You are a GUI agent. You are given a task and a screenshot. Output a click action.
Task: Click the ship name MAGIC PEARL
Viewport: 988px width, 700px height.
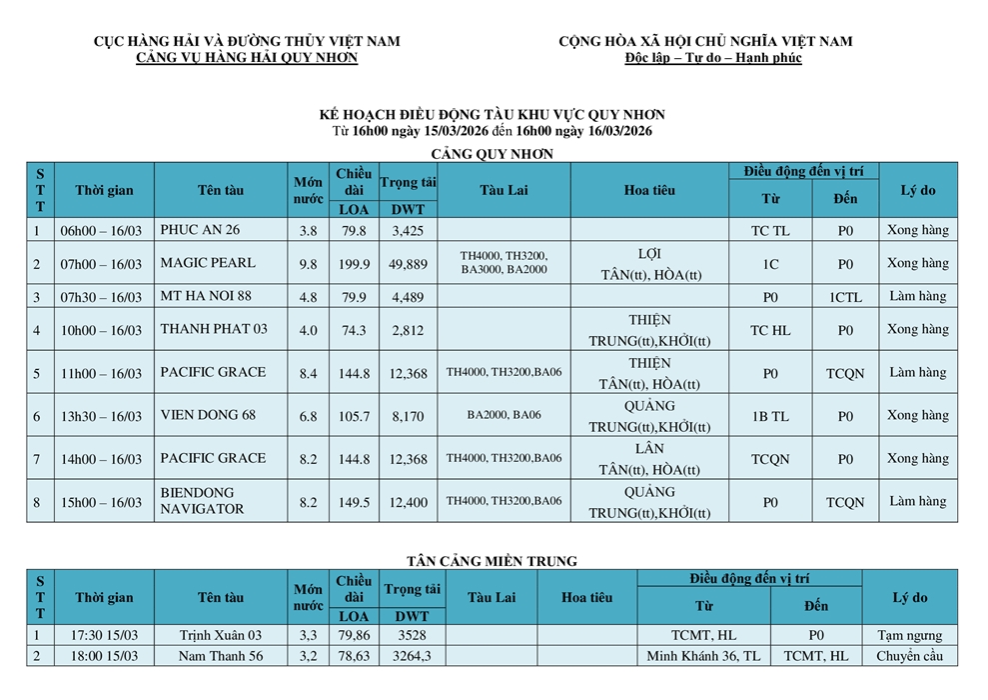[208, 263]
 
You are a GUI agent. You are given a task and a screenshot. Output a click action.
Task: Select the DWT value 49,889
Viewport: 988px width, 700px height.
[409, 264]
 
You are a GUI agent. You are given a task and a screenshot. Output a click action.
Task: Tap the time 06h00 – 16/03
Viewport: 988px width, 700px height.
[101, 231]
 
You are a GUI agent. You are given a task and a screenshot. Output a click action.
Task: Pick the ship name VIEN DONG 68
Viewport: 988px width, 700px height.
[208, 415]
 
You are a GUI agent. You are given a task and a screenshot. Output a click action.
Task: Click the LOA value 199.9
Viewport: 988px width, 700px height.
[354, 264]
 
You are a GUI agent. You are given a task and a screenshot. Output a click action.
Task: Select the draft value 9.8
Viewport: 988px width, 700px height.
[308, 264]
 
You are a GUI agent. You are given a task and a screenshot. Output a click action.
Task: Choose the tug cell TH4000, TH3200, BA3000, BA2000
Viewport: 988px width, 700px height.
[503, 263]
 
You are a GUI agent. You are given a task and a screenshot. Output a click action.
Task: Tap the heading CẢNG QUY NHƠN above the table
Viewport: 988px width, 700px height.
[492, 153]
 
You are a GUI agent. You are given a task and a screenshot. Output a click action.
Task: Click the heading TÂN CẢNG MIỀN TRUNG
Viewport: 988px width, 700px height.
[493, 561]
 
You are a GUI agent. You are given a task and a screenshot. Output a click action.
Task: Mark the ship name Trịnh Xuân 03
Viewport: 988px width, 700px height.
[221, 635]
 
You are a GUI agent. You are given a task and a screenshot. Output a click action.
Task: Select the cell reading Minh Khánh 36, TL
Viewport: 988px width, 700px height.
[703, 657]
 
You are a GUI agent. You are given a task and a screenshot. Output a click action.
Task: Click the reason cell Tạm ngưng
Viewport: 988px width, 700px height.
[909, 635]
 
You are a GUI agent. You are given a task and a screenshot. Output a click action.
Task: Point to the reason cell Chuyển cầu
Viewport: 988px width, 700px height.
[909, 657]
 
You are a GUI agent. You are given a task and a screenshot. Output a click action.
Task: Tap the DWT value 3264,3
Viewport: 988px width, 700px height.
[412, 657]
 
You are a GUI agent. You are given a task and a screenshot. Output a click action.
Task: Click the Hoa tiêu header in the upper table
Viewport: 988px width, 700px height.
[649, 190]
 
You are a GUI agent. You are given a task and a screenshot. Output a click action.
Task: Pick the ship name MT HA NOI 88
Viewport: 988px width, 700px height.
[206, 296]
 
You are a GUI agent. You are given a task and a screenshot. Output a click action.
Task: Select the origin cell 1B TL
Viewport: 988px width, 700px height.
[770, 416]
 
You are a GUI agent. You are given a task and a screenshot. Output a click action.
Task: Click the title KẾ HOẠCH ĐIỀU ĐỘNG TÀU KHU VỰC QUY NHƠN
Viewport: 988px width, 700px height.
[492, 115]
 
